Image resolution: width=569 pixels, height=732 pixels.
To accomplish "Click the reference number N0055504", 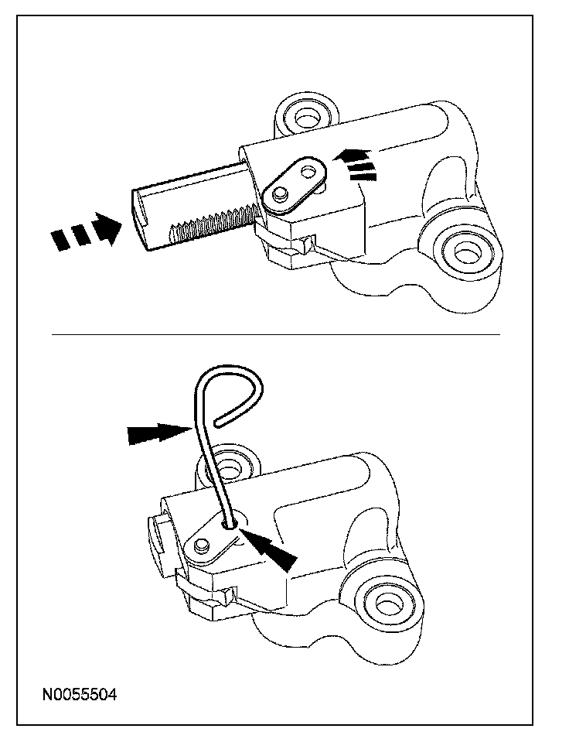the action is (80, 694).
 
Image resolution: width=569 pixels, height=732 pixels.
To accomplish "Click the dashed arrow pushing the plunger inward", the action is (87, 229).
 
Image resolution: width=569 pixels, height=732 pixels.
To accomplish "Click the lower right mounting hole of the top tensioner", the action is (465, 252).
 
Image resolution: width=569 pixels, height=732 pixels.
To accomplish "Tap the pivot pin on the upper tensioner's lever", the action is (280, 193).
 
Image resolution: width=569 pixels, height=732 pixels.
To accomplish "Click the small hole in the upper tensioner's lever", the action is (308, 171).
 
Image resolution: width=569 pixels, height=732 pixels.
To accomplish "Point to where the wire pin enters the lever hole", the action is (230, 524).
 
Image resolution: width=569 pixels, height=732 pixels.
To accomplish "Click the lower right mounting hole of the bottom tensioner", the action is (387, 605).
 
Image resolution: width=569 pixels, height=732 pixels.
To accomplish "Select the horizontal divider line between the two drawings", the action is (276, 335).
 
